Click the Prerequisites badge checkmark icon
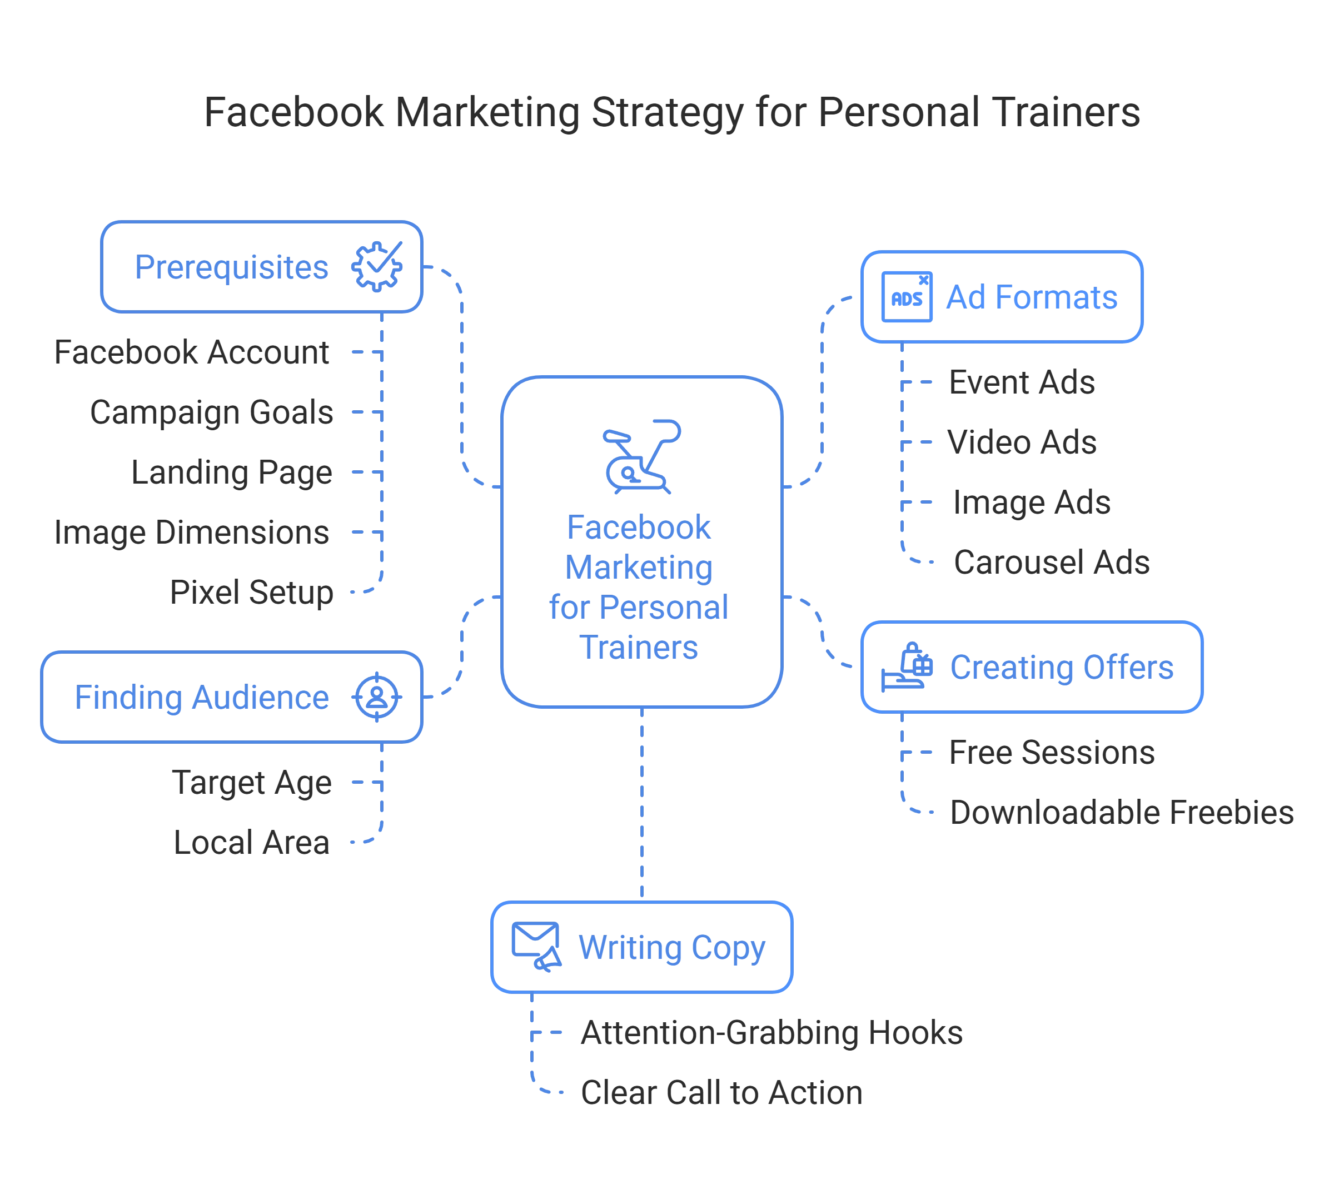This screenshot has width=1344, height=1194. [x=376, y=267]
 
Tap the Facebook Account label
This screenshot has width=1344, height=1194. [x=191, y=352]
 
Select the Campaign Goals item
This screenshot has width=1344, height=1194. [x=211, y=413]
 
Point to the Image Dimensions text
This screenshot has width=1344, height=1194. [x=191, y=533]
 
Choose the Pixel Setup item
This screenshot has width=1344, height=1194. [x=251, y=593]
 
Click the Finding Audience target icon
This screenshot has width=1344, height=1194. [x=377, y=697]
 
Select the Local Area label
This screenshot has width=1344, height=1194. [x=251, y=842]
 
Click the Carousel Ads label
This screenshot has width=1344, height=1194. [x=1051, y=563]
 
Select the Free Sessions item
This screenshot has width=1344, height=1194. [x=1051, y=752]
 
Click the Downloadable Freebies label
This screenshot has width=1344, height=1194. [x=1122, y=813]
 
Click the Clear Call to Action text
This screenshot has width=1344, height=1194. [x=720, y=1093]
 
